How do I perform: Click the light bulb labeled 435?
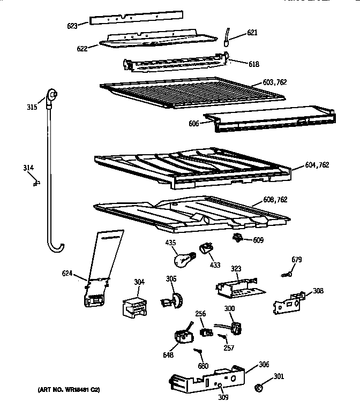182,259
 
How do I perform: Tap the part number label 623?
72,25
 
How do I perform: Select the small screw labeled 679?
287,275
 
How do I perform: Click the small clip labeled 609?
238,237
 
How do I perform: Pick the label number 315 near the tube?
32,107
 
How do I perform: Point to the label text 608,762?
275,200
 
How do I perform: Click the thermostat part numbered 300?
232,326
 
